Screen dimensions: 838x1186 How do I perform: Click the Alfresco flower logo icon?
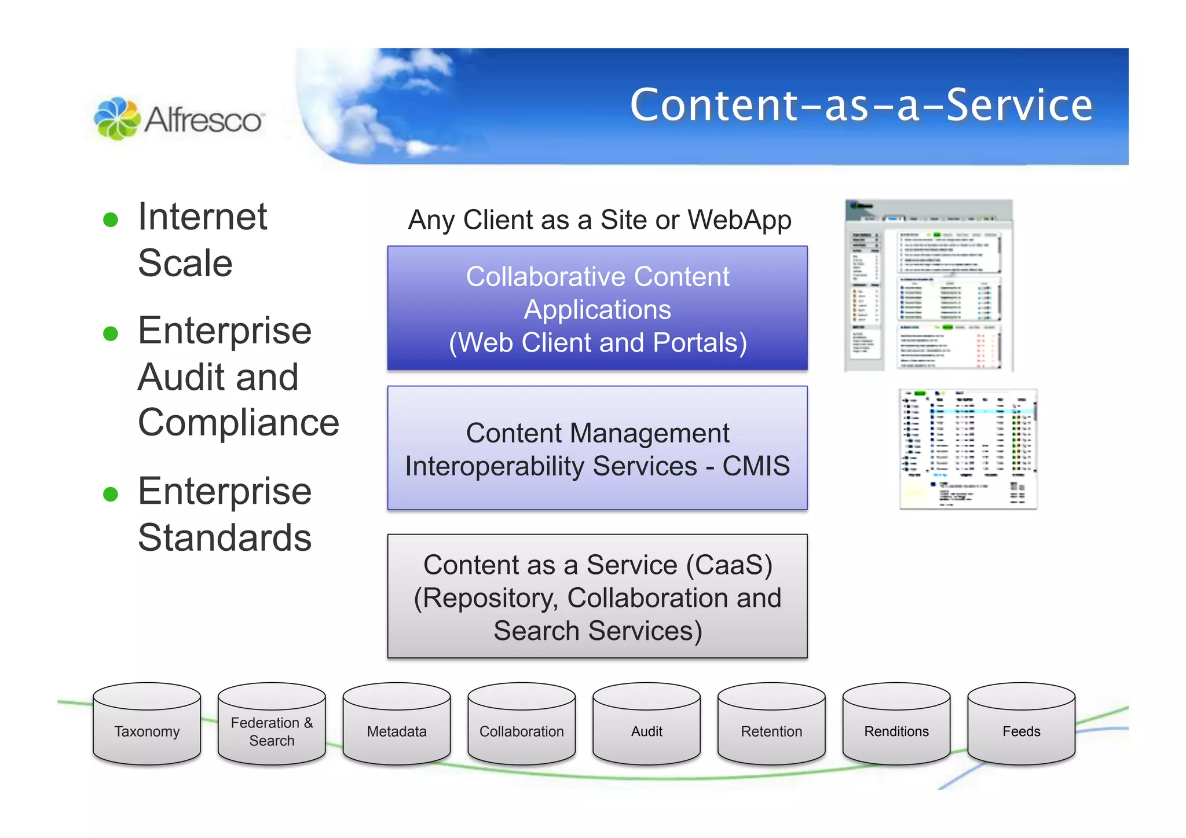pyautogui.click(x=117, y=118)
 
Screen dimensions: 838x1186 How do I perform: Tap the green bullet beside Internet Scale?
pyautogui.click(x=111, y=219)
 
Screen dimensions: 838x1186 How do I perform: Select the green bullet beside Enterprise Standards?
pyautogui.click(x=111, y=494)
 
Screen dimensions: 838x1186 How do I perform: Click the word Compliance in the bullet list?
pyautogui.click(x=239, y=422)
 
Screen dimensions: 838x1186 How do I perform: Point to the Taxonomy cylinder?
pyautogui.click(x=147, y=724)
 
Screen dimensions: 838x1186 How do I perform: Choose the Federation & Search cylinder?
pyautogui.click(x=272, y=724)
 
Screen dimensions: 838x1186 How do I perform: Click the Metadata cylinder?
pyautogui.click(x=397, y=724)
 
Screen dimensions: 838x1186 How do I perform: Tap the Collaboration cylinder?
pyautogui.click(x=522, y=724)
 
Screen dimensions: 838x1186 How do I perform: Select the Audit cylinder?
pyautogui.click(x=647, y=724)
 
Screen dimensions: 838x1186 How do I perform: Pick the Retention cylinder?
pyautogui.click(x=771, y=724)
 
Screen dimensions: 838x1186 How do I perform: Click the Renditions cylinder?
pyautogui.click(x=896, y=724)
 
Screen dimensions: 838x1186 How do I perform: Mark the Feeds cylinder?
pyautogui.click(x=1022, y=724)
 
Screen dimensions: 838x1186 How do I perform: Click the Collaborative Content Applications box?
pyautogui.click(x=597, y=309)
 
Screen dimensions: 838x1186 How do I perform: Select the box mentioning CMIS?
pyautogui.click(x=597, y=448)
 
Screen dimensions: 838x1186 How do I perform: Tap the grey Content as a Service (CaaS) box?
pyautogui.click(x=597, y=597)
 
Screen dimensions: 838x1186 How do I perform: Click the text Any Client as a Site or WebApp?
pyautogui.click(x=599, y=220)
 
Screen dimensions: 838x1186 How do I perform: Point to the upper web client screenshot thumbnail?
pyautogui.click(x=929, y=286)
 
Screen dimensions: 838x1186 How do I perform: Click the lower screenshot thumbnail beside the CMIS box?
pyautogui.click(x=968, y=449)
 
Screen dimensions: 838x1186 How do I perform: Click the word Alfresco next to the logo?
pyautogui.click(x=203, y=120)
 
